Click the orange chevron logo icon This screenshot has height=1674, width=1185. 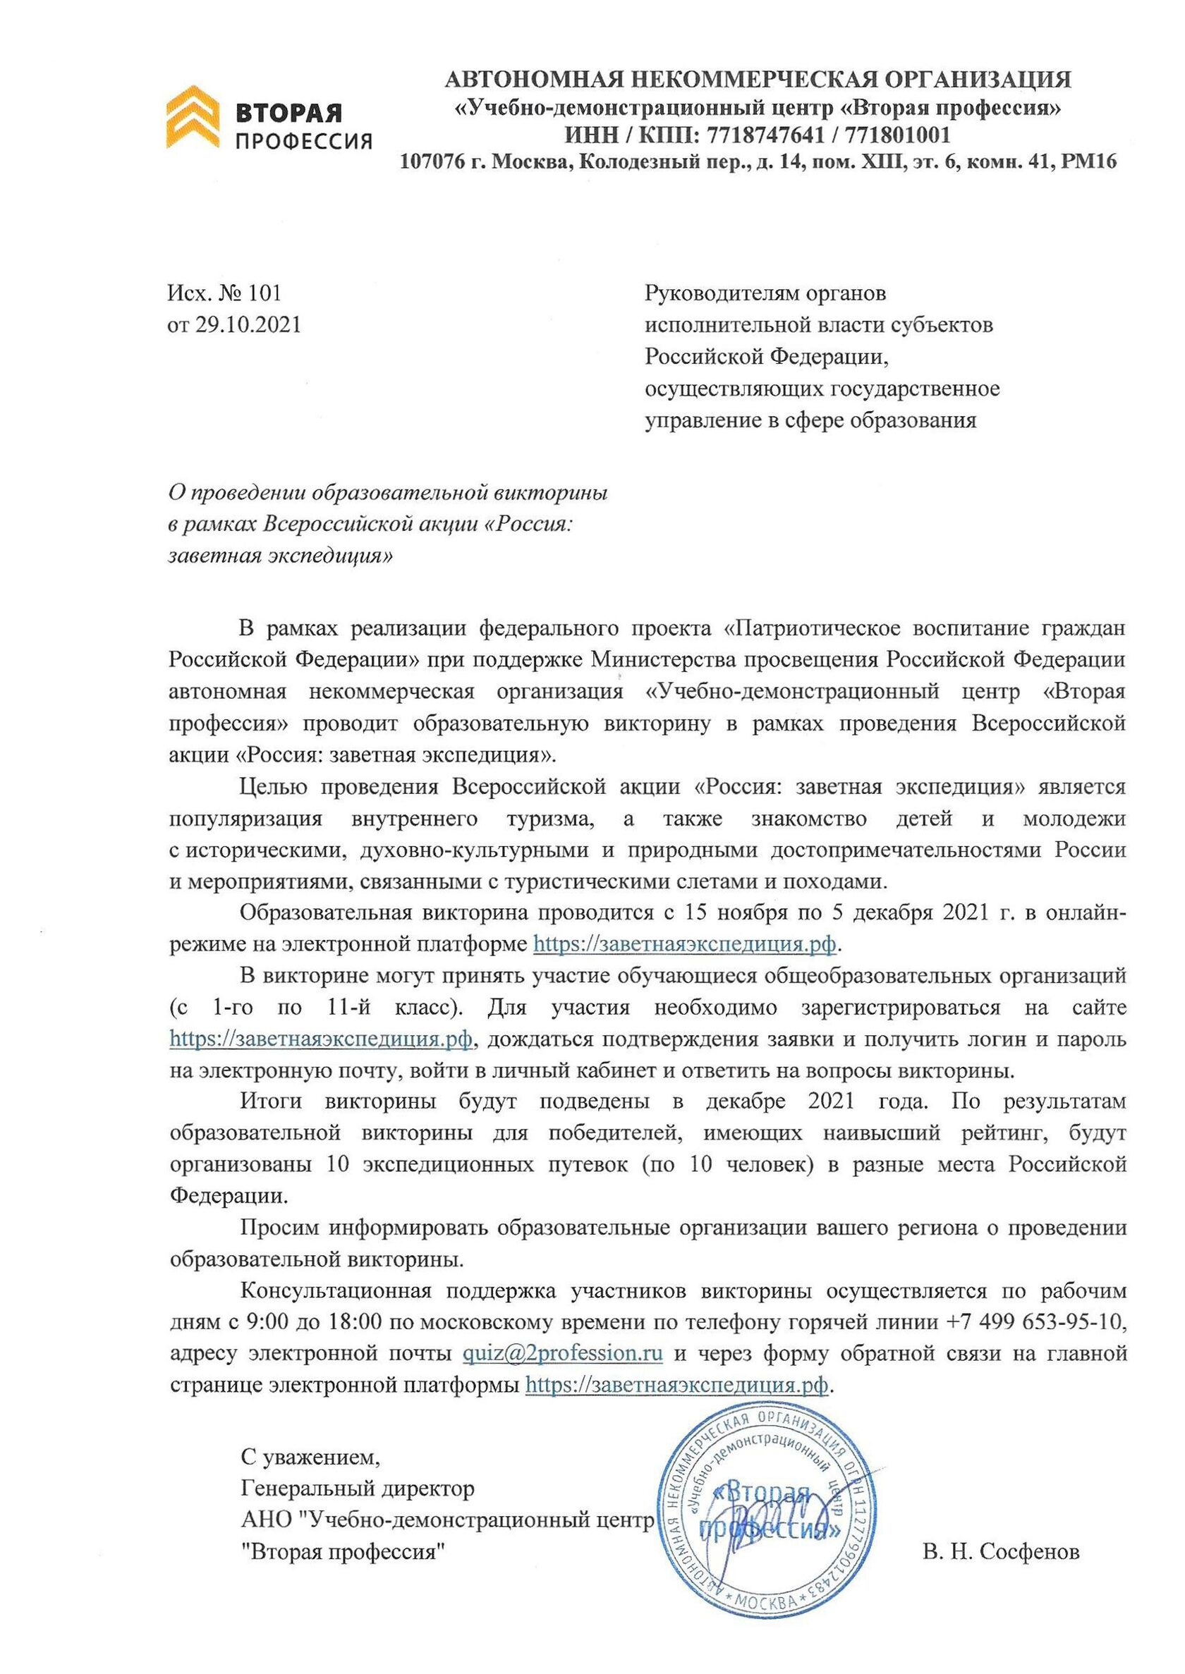(x=192, y=117)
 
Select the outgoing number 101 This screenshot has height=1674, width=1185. (x=264, y=293)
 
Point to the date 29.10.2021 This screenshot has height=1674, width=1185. (x=248, y=324)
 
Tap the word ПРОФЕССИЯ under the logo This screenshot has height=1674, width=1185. (x=303, y=141)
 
